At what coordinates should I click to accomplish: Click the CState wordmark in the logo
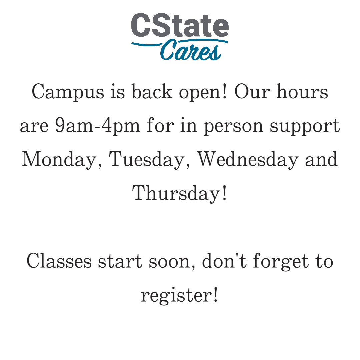point(180,26)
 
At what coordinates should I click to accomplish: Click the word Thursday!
point(180,193)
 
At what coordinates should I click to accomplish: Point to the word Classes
point(59,261)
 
